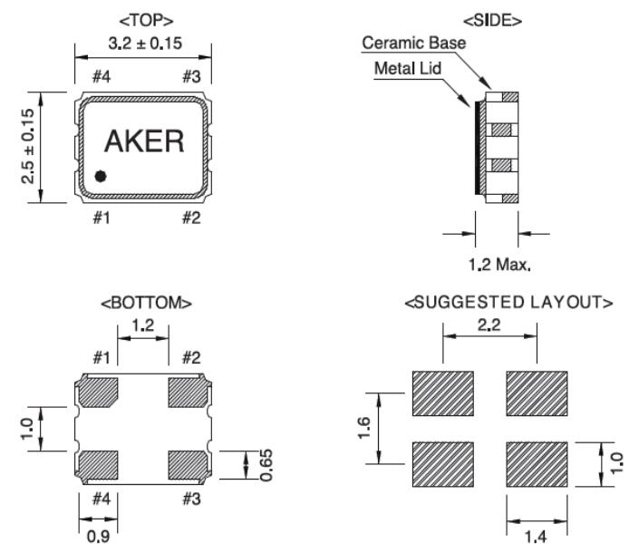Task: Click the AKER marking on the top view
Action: click(x=144, y=141)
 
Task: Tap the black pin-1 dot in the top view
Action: click(x=101, y=176)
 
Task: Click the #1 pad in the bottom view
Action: click(x=99, y=393)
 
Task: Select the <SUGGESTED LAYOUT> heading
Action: click(x=508, y=302)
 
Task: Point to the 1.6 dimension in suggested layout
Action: click(x=363, y=426)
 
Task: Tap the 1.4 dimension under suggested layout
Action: click(x=536, y=537)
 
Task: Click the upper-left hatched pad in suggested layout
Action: click(x=443, y=393)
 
